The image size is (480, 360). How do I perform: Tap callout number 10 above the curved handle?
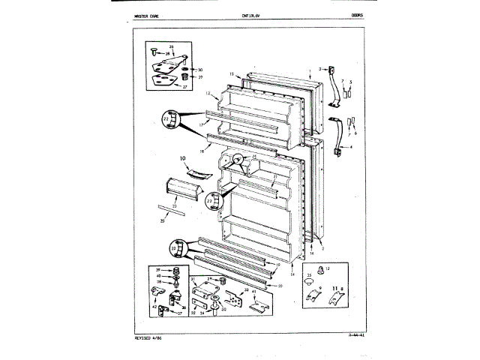[182, 158]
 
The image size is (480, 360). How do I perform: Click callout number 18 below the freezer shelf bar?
[201, 151]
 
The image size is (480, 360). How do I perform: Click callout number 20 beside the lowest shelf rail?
[280, 285]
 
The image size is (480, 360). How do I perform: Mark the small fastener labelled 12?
[326, 267]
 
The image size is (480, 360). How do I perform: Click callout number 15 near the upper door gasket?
[232, 74]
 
